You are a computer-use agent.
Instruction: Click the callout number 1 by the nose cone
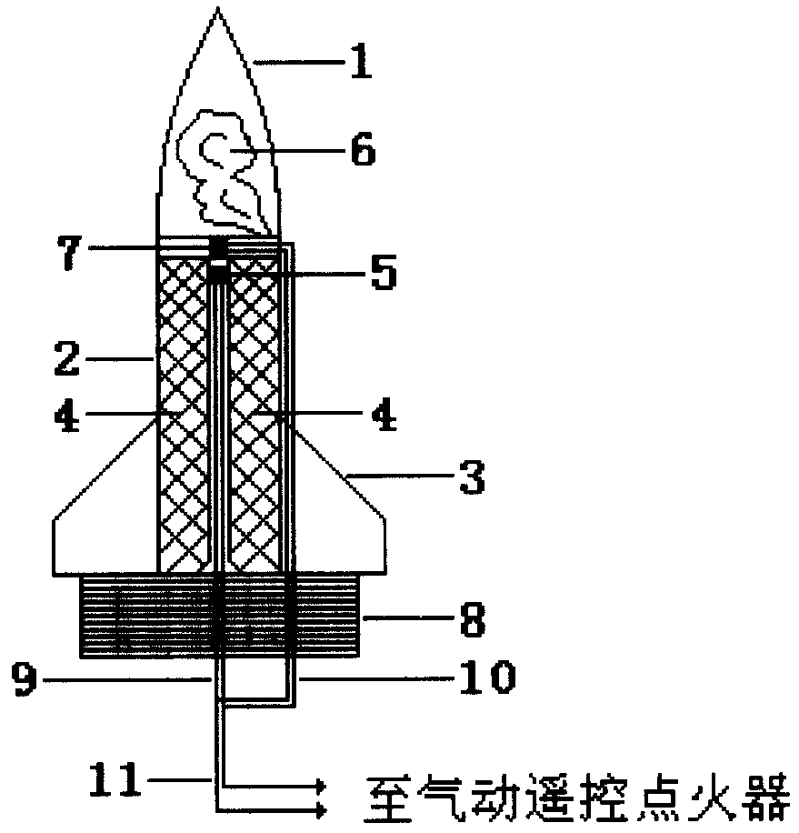tap(362, 65)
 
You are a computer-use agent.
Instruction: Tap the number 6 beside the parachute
tap(361, 149)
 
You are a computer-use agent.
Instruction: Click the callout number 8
tap(471, 623)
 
